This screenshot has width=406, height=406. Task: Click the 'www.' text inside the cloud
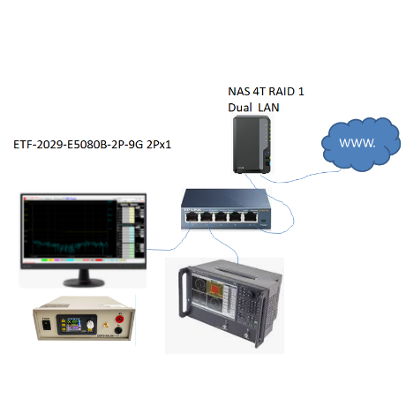[x=357, y=143]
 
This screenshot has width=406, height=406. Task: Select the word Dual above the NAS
[x=240, y=108]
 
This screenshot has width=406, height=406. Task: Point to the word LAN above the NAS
[x=268, y=108]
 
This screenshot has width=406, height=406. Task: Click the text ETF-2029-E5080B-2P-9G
[x=79, y=145]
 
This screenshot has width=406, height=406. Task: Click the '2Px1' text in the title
[x=159, y=145]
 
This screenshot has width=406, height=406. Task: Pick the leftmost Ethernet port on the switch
[x=192, y=217]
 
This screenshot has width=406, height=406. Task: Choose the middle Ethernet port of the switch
[x=221, y=217]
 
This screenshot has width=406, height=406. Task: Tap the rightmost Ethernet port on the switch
[x=251, y=217]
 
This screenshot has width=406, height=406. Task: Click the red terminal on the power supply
[x=119, y=319]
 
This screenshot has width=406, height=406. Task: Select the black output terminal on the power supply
[x=118, y=331]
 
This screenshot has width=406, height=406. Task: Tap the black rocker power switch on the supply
[x=47, y=325]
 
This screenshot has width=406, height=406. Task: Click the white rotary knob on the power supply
[x=91, y=325]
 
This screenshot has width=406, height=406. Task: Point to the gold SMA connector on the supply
[x=106, y=326]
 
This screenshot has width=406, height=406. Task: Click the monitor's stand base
[x=84, y=282]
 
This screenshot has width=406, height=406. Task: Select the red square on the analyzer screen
[x=215, y=289]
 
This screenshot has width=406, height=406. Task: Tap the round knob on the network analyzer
[x=252, y=293]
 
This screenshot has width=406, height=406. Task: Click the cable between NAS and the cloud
[x=300, y=177]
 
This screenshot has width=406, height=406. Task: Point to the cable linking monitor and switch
[x=170, y=249]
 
